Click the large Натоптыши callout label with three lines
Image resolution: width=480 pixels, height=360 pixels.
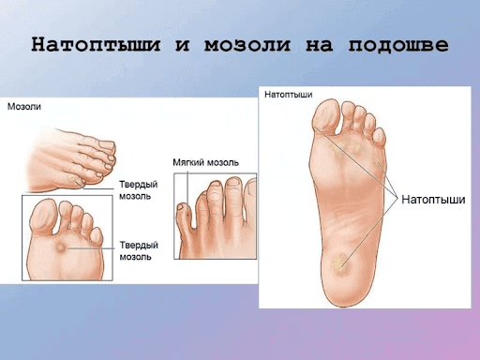(x=433, y=200)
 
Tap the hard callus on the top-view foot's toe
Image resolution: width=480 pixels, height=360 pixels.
(x=67, y=176)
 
